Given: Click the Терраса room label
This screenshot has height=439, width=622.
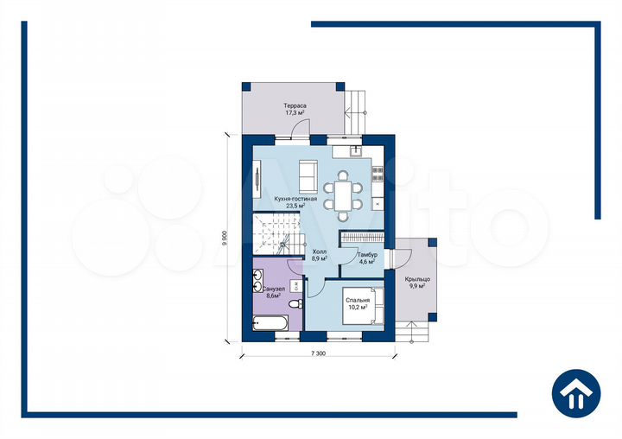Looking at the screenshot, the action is click(x=295, y=106).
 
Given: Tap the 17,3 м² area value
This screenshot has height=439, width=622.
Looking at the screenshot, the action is click(x=295, y=113).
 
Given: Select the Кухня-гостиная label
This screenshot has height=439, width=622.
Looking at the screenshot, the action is click(x=295, y=199).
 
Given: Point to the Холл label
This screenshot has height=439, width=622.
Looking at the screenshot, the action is click(x=320, y=251).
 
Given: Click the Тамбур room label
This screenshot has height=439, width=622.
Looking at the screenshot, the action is click(x=367, y=255).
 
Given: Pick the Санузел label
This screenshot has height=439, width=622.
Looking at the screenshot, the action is click(x=274, y=289).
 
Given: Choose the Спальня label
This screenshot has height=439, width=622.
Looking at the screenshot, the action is click(x=358, y=301).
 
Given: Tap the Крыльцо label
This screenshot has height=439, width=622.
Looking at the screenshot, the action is click(x=417, y=279).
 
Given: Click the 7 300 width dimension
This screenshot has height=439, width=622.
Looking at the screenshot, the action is click(x=318, y=353).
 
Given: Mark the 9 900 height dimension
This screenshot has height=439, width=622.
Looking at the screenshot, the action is click(x=225, y=239).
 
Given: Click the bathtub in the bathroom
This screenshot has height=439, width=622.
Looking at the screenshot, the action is click(x=270, y=323).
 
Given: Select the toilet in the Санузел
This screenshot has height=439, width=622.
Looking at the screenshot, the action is click(x=295, y=304).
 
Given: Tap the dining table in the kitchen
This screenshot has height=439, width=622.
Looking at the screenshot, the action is click(x=343, y=196).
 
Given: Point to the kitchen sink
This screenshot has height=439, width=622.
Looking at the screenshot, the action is click(x=356, y=151).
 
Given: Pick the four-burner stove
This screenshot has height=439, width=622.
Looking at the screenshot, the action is click(x=378, y=174).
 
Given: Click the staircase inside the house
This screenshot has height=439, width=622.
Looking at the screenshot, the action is click(x=276, y=233).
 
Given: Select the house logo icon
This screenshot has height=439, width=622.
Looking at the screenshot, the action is click(x=576, y=393).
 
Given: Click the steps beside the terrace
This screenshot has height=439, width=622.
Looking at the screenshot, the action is click(x=355, y=112).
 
